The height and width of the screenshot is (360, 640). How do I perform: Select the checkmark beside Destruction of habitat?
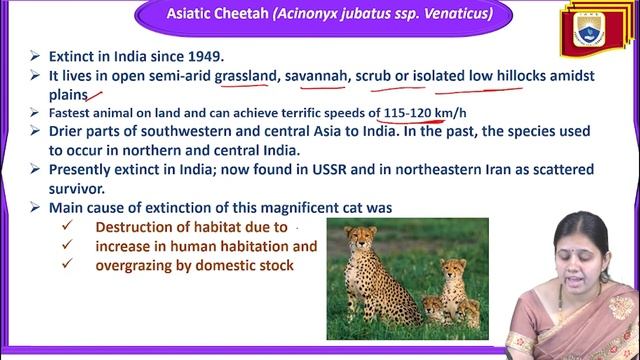tap(67, 227)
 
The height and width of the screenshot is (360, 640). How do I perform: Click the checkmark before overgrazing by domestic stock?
tap(67, 265)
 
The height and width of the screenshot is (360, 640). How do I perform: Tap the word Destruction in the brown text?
tap(140, 227)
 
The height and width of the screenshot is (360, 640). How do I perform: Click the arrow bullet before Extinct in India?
tap(35, 54)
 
